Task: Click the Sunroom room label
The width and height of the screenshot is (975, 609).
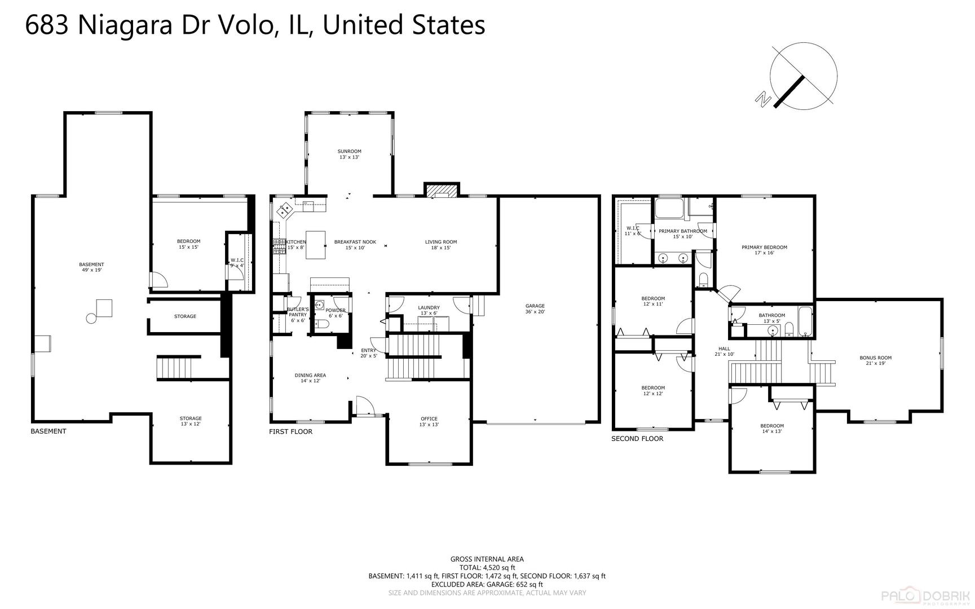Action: [349, 154]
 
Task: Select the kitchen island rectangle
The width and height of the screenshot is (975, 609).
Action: [316, 245]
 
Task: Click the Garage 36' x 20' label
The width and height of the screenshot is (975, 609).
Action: [535, 309]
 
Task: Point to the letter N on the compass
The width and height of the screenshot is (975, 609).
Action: [764, 99]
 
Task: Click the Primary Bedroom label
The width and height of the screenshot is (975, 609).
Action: [764, 250]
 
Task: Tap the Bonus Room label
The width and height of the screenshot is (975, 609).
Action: [875, 360]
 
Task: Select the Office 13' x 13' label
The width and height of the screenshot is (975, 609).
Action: [429, 422]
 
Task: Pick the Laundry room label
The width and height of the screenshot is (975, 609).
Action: [429, 310]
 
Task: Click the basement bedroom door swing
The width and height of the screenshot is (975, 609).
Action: [159, 280]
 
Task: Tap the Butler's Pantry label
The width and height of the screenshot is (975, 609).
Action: [298, 315]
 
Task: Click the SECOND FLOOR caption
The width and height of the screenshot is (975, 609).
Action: [637, 438]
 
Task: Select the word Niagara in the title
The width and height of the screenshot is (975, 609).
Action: [124, 26]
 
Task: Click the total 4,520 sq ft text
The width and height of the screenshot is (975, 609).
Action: [487, 568]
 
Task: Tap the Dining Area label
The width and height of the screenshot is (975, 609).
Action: [310, 378]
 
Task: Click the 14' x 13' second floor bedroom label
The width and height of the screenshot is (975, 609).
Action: [771, 429]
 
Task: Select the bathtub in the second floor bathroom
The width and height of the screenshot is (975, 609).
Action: [805, 322]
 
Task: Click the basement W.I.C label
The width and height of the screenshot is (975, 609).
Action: [237, 263]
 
